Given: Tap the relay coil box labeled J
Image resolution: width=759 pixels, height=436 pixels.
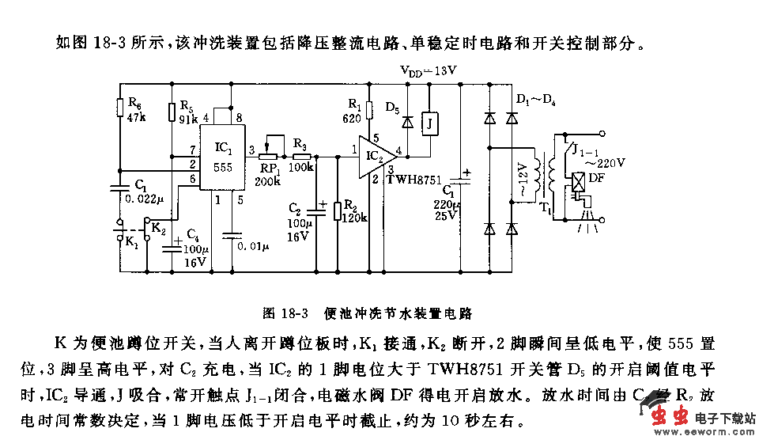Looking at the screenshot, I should [x=429, y=123].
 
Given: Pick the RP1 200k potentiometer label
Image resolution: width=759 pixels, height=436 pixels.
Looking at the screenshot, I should [x=270, y=173].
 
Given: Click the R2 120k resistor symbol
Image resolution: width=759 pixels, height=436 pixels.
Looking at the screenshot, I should [x=338, y=210].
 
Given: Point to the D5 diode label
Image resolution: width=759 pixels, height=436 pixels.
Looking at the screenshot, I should [x=392, y=106].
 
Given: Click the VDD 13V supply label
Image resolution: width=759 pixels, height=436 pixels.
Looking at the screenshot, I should [x=429, y=71].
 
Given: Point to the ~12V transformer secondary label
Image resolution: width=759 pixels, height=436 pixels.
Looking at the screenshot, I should [x=521, y=180].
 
